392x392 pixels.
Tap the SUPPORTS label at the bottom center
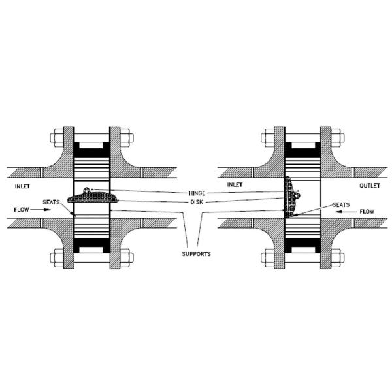point(196,253)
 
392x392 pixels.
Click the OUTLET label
point(370,186)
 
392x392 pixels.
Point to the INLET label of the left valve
point(24,186)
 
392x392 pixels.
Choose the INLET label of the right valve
point(235,186)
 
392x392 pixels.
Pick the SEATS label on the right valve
point(341,204)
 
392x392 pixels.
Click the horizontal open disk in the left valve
point(92,198)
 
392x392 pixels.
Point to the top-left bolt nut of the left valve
point(57,139)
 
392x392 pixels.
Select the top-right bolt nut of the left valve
point(127,139)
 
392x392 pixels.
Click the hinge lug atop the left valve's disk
point(87,190)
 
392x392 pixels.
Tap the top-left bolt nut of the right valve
point(267,139)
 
